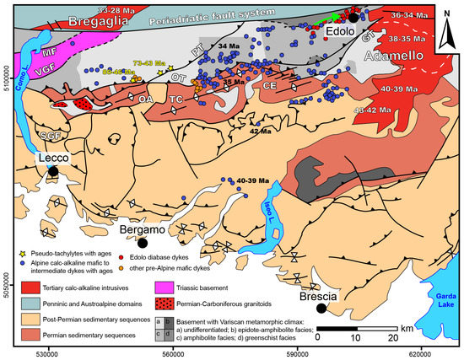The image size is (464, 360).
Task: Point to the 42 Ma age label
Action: tap(260, 132)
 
